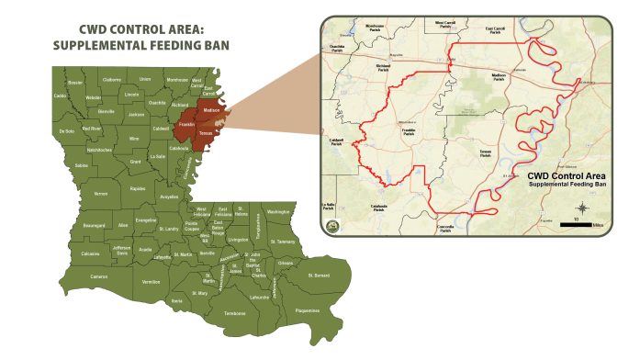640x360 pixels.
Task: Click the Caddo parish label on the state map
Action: coord(61,95)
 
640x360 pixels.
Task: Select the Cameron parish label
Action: coord(99,276)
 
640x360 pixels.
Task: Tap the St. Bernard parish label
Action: coord(318,275)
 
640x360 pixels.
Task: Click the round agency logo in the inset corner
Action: coord(333,225)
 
